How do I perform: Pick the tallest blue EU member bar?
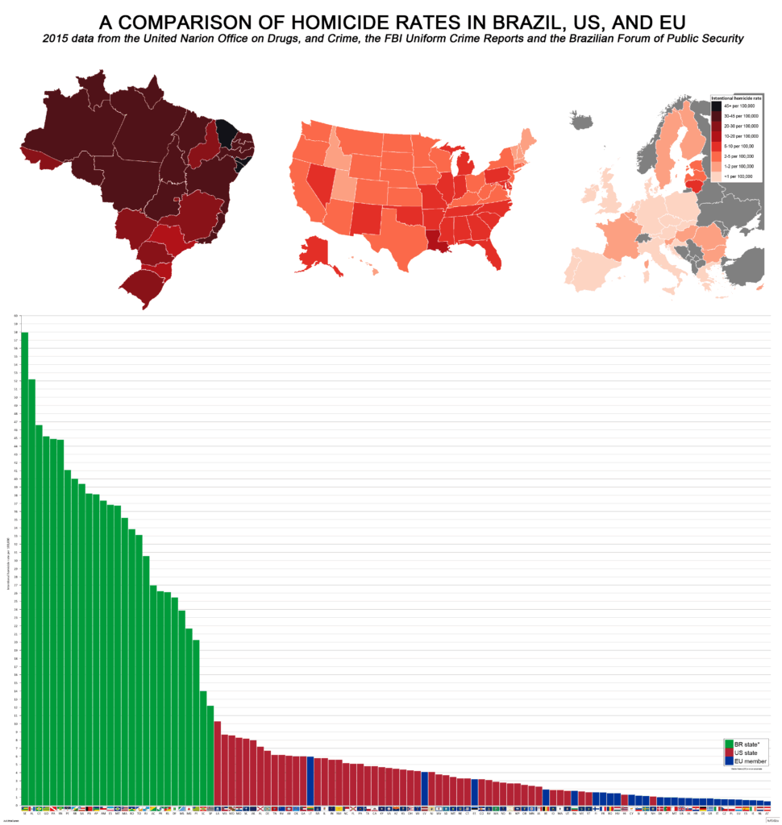(x=311, y=781)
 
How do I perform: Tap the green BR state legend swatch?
(x=730, y=743)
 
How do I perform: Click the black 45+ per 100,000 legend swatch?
(x=716, y=106)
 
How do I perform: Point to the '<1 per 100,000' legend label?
(x=739, y=176)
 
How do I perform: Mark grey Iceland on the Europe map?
(x=581, y=120)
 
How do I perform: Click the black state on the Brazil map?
(x=227, y=133)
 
